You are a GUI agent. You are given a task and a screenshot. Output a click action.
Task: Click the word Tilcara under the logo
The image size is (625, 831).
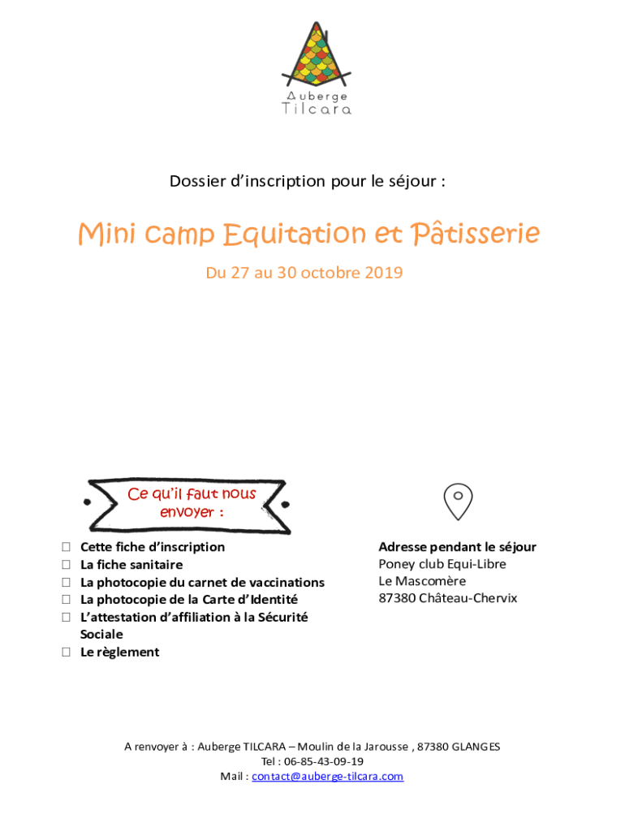[x=317, y=109]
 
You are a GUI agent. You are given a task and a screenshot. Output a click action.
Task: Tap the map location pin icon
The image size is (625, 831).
[x=458, y=501]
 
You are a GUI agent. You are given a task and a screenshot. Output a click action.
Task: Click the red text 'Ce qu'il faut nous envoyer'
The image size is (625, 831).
[x=192, y=503]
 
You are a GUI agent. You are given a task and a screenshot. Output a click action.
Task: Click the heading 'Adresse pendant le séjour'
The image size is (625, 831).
[x=457, y=548]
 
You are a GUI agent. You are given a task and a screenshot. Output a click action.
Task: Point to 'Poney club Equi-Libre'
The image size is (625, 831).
[x=442, y=565]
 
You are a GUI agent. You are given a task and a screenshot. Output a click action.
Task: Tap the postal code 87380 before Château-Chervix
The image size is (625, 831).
[x=396, y=599]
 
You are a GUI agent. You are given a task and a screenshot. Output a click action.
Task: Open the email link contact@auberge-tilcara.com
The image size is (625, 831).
[x=327, y=777]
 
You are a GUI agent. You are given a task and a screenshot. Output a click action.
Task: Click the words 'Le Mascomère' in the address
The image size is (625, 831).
[x=422, y=582]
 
